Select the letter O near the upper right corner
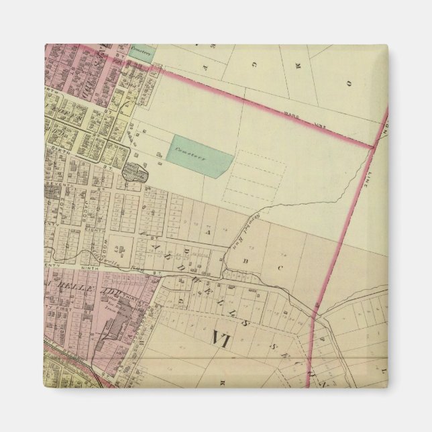click(349, 83)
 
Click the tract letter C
click(280, 268)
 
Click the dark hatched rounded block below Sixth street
click(136, 173)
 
